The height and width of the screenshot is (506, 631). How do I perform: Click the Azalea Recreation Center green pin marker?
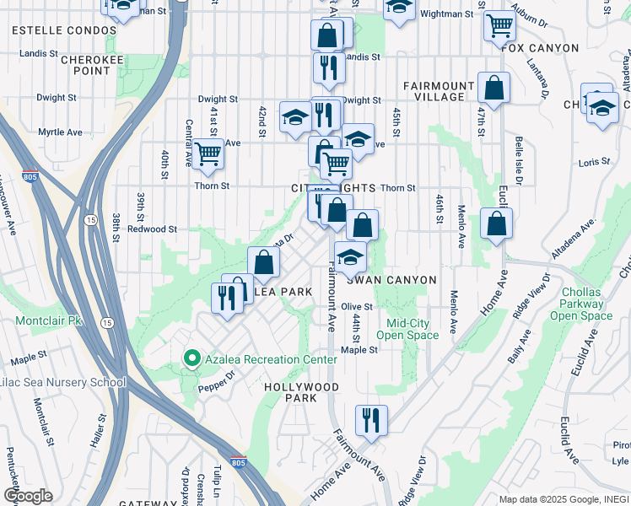pyautogui.click(x=191, y=359)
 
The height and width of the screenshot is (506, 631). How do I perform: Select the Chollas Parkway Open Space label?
pyautogui.click(x=581, y=310)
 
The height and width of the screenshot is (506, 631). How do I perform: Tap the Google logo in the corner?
pyautogui.click(x=28, y=496)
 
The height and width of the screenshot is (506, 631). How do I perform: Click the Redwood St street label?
pyautogui.click(x=152, y=229)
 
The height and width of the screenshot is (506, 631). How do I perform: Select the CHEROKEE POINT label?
pyautogui.click(x=85, y=65)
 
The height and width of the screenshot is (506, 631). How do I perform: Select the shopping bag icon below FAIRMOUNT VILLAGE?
pyautogui.click(x=493, y=88)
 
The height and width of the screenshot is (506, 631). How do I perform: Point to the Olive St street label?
pyautogui.click(x=357, y=307)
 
